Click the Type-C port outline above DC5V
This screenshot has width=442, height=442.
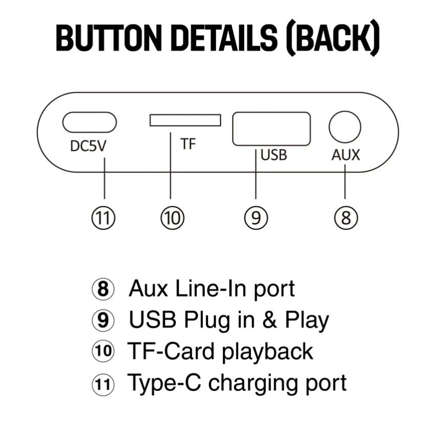point(90,122)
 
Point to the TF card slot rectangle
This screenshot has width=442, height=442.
point(185,120)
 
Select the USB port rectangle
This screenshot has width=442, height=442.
point(271,129)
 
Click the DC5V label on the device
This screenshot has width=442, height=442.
point(88,146)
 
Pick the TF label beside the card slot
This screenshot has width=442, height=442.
point(188,144)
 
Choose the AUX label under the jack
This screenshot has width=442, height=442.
point(346,155)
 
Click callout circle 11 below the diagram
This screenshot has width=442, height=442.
point(104,218)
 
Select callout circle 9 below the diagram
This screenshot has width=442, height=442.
point(256,218)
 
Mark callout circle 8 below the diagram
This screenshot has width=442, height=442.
point(346,218)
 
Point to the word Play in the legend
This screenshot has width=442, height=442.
point(307,320)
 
